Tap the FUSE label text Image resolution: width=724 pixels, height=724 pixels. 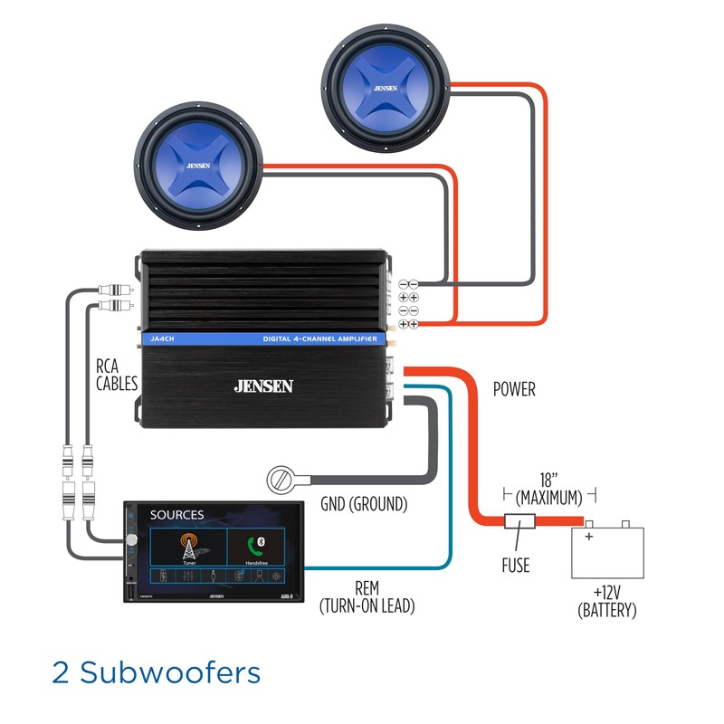coord(515,566)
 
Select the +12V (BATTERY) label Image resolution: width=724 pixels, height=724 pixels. coord(606,602)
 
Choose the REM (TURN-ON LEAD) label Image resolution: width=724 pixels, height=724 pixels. coord(367,597)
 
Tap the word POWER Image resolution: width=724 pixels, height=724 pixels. coord(514,390)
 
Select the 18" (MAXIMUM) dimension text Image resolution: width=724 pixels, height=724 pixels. coord(549,488)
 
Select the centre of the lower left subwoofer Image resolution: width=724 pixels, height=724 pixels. coord(197,167)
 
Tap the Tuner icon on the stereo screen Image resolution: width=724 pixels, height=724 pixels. coord(188,547)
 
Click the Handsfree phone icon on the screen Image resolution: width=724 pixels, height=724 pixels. coord(255,547)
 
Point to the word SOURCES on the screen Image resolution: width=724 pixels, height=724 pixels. coord(177,515)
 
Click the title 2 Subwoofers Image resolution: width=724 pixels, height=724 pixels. coord(157,672)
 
